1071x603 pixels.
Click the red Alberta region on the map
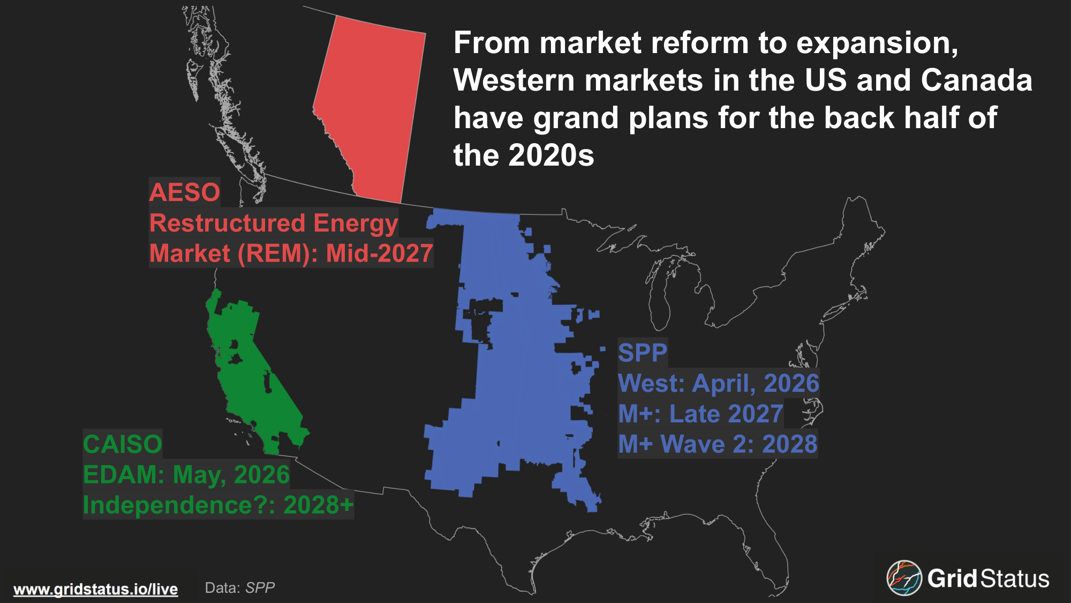369,107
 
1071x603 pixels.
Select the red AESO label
185,192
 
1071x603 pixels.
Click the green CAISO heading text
123,444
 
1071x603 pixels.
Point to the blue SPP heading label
643,353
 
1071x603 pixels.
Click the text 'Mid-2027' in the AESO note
379,254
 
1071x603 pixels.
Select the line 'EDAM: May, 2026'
186,475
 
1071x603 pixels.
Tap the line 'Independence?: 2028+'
218,505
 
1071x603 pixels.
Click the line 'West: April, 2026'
719,384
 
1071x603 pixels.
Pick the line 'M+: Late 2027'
701,414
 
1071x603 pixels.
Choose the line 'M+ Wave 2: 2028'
718,444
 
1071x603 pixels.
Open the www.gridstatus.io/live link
95,589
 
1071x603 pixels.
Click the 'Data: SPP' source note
240,588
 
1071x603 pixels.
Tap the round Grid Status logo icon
904,578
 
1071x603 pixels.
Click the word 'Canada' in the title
977,80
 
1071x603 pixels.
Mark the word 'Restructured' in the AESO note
228,223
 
